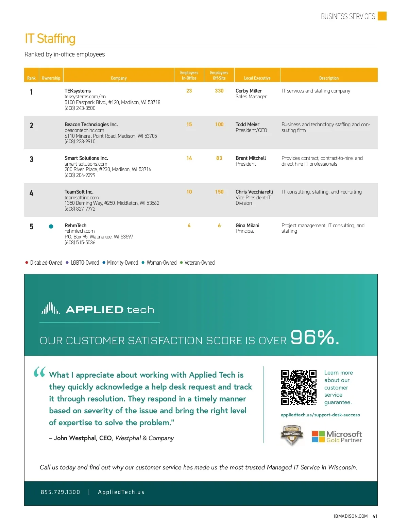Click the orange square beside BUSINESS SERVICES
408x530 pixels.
pos(382,16)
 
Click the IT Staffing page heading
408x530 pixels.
pos(50,38)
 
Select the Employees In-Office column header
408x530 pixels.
pos(189,75)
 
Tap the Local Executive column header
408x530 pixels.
pos(257,78)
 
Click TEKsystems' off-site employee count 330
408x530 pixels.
pos(219,91)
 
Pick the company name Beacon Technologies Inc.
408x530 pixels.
pos(91,125)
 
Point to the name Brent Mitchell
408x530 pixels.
pos(251,158)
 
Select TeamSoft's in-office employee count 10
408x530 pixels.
pos(189,192)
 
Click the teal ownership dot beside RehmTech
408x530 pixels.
pos(51,226)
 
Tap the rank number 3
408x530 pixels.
pos(31,159)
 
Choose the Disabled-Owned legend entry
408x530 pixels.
pos(46,263)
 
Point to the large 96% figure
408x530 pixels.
pos(314,337)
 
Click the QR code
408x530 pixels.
pos(299,387)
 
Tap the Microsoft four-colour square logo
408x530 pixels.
pos(318,436)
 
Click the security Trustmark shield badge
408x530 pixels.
pos(292,435)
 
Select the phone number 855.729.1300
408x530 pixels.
pos(61,492)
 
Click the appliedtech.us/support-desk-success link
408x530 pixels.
pos(320,415)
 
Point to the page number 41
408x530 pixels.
pos(375,516)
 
